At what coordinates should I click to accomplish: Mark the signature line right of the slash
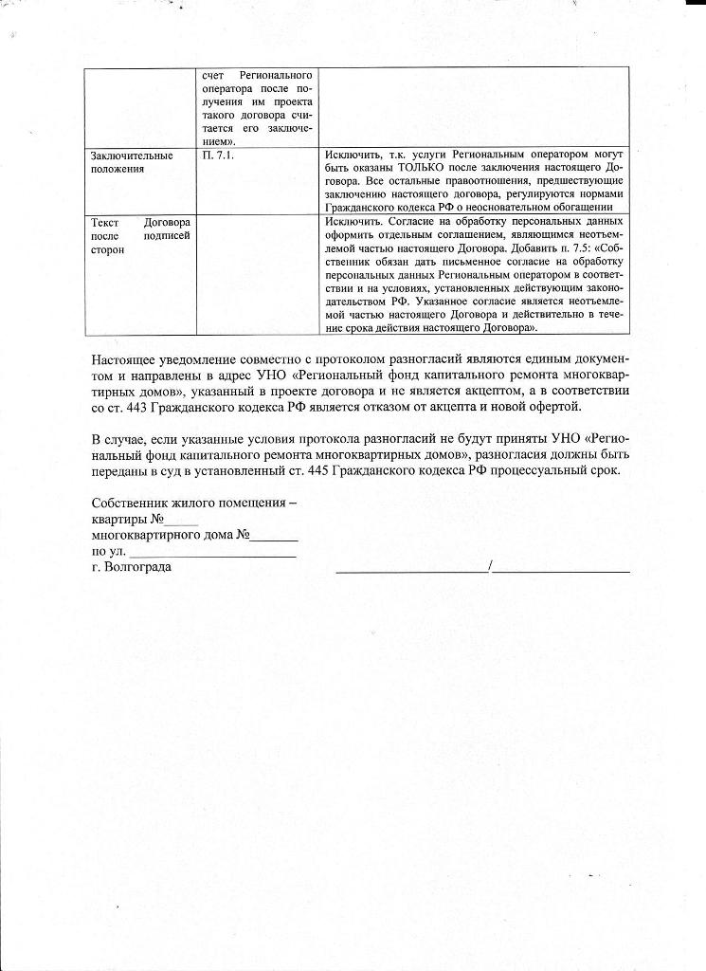[561, 569]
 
